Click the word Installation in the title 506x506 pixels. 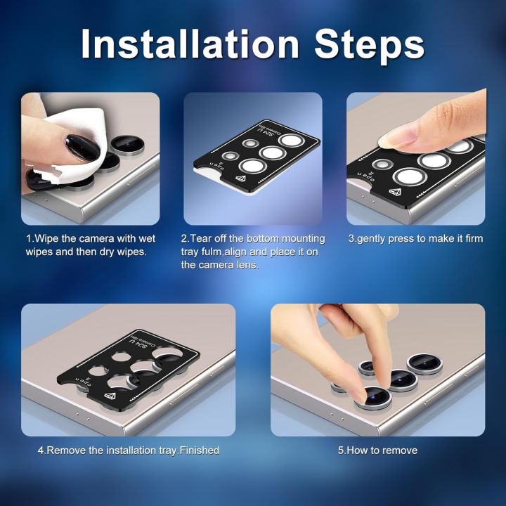pos(190,44)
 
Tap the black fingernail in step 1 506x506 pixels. pos(83,148)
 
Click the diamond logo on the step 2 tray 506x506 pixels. pos(241,178)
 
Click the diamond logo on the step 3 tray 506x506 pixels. pos(394,191)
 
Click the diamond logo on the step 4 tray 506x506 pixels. pos(110,396)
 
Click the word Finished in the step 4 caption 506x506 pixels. pos(199,450)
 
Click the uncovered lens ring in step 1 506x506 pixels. pos(127,145)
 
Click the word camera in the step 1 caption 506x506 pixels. pos(96,239)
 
